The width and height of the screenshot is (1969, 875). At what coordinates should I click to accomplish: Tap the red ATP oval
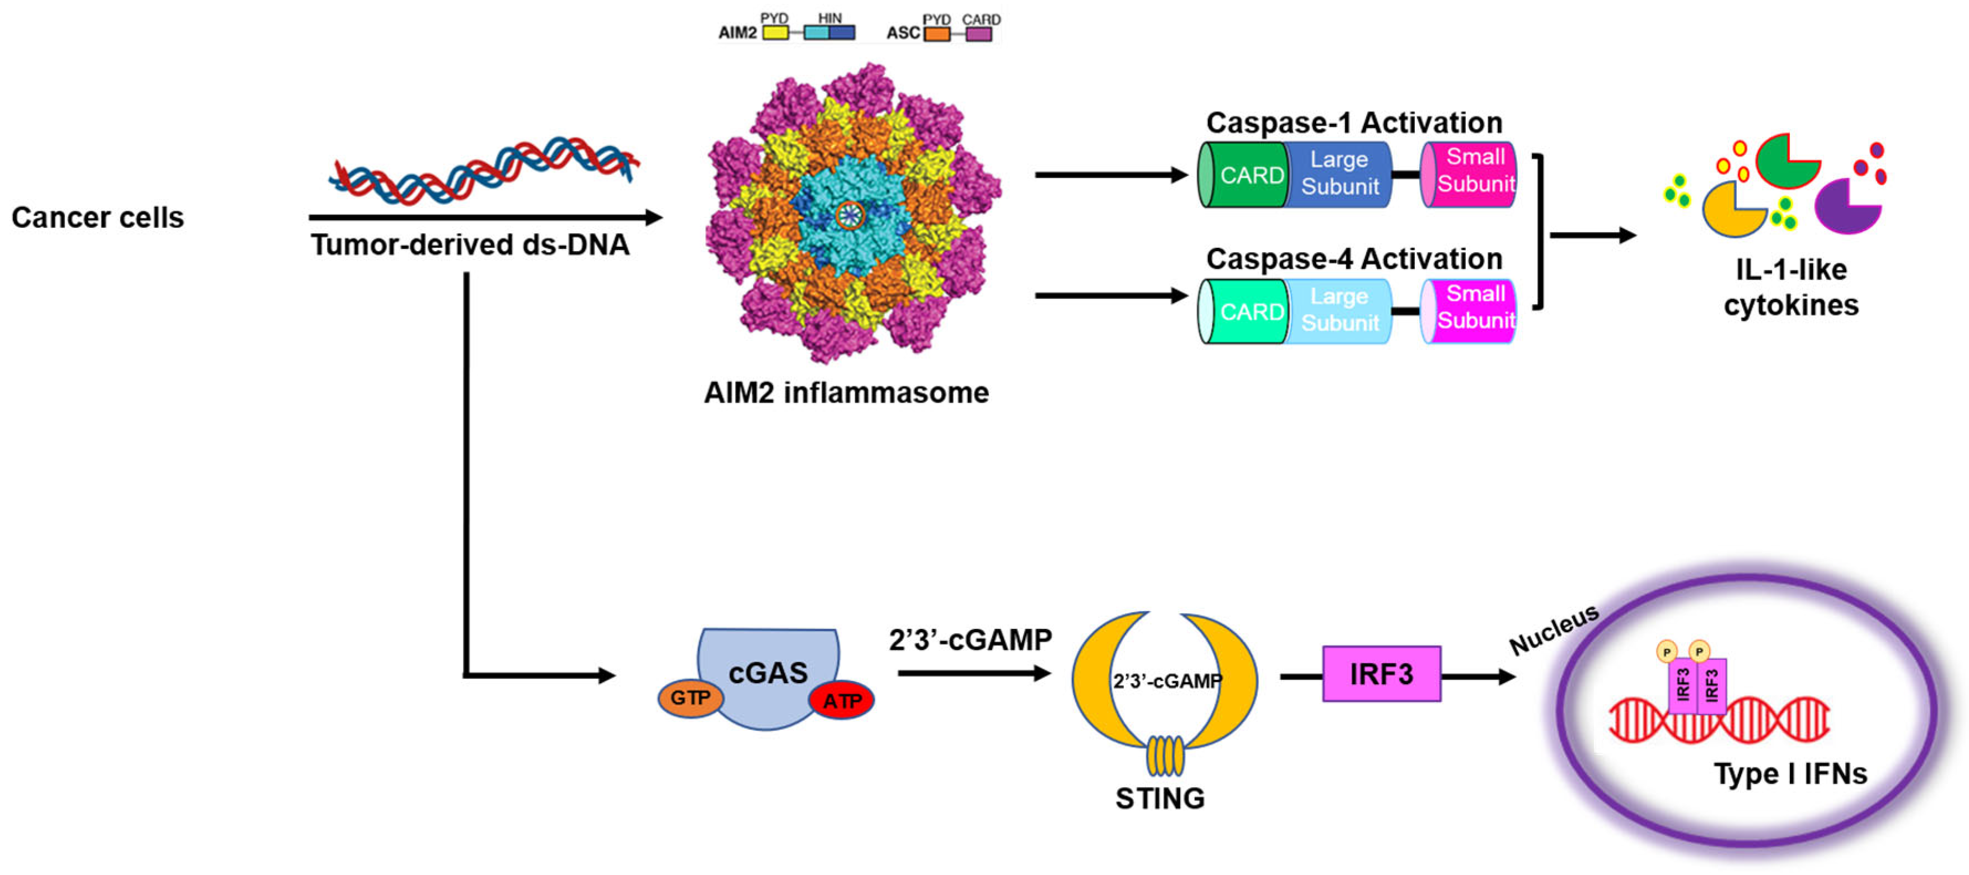pos(842,700)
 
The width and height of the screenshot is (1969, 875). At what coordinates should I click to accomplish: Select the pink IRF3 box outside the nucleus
pos(1381,674)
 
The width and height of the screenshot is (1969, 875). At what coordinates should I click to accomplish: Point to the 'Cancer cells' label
pos(98,218)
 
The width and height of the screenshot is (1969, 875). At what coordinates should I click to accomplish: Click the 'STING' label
pos(1159,799)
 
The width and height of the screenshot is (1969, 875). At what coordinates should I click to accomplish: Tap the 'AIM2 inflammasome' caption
pos(846,393)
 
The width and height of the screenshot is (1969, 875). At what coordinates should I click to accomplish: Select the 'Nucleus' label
pos(1554,629)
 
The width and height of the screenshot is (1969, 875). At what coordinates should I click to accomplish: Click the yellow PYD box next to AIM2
pos(775,33)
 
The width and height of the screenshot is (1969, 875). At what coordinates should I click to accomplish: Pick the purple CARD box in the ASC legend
pos(978,34)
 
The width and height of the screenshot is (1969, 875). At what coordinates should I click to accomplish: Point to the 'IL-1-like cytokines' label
pos(1790,288)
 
